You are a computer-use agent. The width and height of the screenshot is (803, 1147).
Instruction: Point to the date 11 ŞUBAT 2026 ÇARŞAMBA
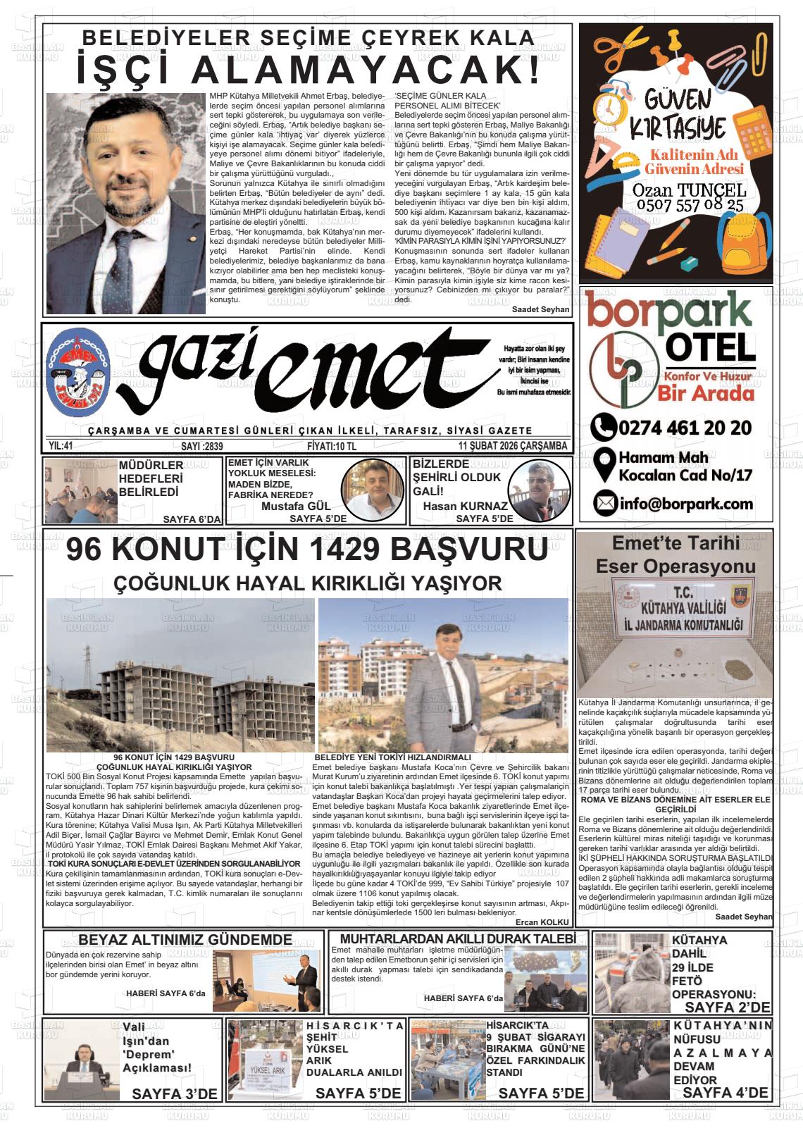coord(512,446)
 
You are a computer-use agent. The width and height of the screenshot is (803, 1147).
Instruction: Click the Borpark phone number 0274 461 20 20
coord(683,428)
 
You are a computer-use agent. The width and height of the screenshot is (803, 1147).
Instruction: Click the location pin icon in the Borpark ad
coord(603,465)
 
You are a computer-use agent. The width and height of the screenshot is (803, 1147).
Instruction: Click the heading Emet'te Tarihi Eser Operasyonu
coord(675,554)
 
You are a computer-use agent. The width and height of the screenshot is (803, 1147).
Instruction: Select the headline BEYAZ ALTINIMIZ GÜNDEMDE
coord(185,940)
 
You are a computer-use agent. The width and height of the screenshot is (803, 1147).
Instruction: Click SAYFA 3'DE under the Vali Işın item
coord(175,1093)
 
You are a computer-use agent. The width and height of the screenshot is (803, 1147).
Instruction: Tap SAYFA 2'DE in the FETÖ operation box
coord(728,1007)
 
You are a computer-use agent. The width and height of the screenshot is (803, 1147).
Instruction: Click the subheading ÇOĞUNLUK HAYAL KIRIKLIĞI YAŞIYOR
coord(308,583)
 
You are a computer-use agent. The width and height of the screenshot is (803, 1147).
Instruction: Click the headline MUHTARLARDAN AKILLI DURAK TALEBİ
coord(463,938)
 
